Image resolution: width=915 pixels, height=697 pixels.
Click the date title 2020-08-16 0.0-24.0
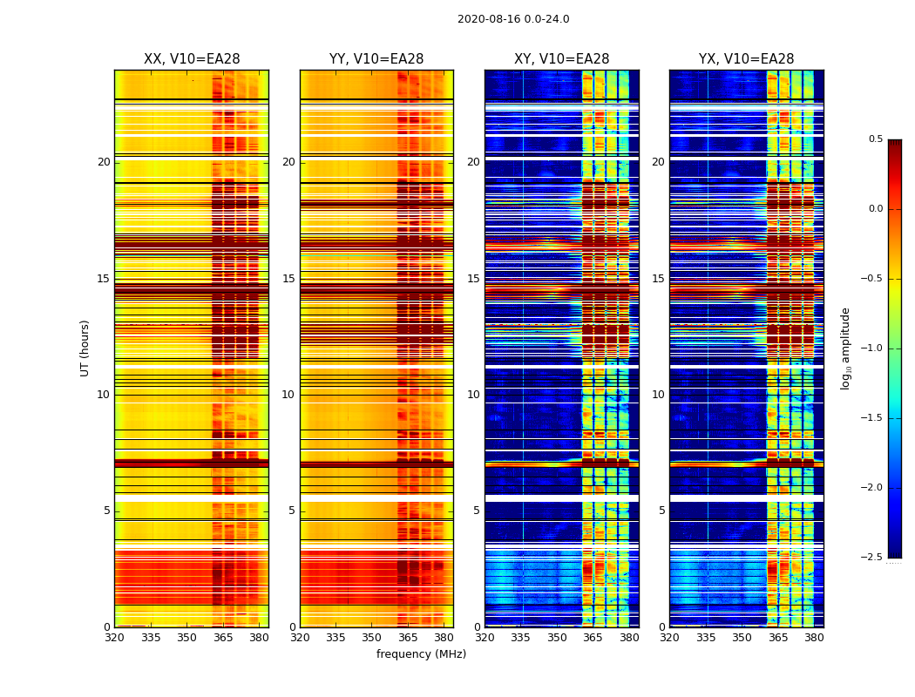(x=513, y=19)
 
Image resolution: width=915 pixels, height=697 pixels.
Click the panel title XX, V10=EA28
(x=192, y=59)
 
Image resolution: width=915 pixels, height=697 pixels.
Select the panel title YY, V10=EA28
(x=376, y=59)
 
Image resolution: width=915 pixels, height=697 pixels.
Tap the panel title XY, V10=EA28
(x=561, y=59)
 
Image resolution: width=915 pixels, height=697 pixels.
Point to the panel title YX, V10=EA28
(x=746, y=59)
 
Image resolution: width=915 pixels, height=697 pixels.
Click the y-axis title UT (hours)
(x=85, y=348)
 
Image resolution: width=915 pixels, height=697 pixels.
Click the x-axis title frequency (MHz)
(x=421, y=654)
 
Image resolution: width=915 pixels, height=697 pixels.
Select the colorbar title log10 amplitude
(x=845, y=348)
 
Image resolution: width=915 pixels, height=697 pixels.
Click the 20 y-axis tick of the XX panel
(x=104, y=162)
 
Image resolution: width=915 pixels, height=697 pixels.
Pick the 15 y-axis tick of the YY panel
(x=288, y=279)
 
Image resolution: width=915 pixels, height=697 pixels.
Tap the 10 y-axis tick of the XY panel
(x=473, y=395)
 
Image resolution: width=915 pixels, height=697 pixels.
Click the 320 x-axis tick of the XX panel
(x=114, y=638)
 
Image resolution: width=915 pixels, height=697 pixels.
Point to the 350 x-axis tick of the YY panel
(x=372, y=638)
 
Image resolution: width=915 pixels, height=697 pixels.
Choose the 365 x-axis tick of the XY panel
(x=593, y=638)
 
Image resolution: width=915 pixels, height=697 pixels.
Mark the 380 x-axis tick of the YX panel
(x=814, y=638)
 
